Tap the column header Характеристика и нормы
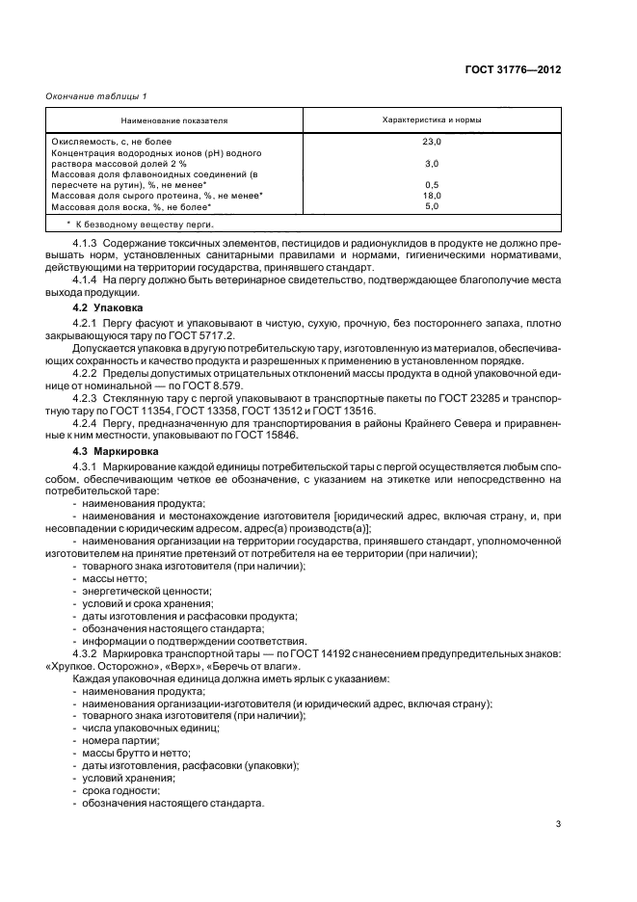(433, 120)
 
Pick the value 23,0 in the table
(432, 142)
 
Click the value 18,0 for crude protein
(432, 196)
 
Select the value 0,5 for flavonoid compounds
(432, 185)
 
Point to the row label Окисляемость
(81, 142)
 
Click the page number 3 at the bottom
(559, 824)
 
